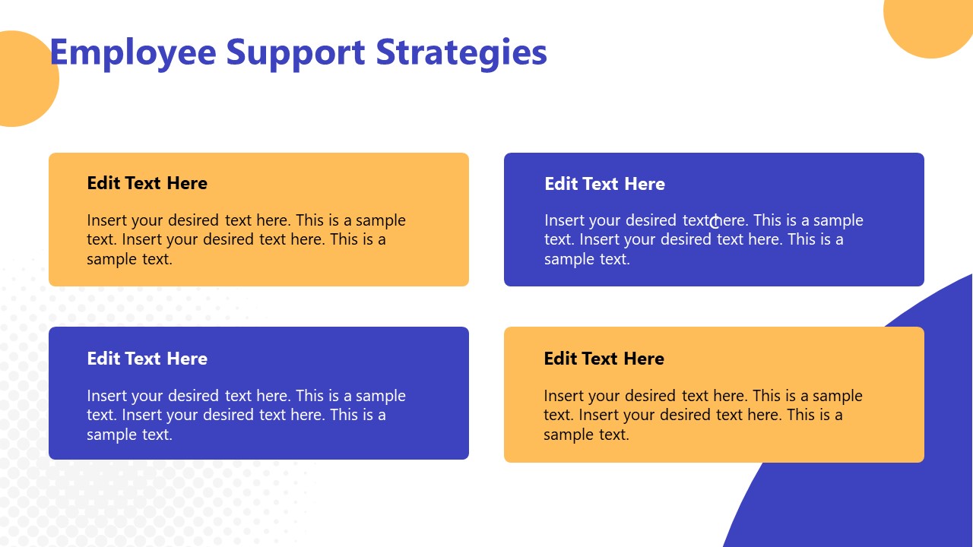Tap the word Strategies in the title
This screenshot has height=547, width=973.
coord(462,53)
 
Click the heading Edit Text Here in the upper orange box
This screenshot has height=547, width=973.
coord(147,183)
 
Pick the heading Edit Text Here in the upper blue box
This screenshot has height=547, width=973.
coord(604,184)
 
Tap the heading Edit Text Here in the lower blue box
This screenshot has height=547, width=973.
coord(147,359)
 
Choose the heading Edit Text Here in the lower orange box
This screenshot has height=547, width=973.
coord(604,359)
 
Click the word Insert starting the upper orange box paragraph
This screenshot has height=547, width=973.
coord(106,220)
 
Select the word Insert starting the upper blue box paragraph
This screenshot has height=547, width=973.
coord(564,220)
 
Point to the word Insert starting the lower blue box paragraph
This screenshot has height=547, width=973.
coord(106,396)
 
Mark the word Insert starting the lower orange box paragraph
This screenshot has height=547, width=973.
coord(563,396)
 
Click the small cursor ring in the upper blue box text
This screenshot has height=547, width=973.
coord(715,222)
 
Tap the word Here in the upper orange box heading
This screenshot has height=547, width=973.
coord(188,183)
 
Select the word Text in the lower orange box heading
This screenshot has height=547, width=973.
coord(602,359)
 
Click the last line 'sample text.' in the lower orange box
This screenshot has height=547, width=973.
coord(586,435)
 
